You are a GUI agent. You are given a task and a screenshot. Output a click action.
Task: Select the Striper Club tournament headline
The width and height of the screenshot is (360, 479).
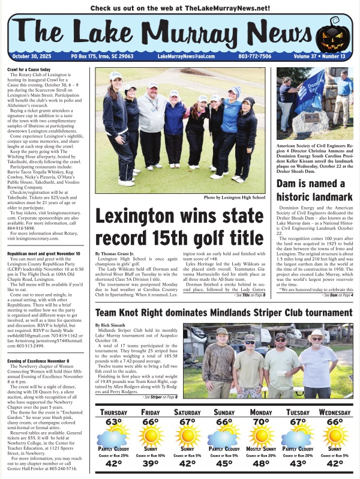click(x=224, y=313)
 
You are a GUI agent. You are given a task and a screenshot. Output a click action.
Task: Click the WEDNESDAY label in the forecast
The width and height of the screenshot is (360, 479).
click(x=334, y=414)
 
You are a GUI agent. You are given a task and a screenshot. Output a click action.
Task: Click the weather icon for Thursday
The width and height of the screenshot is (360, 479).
click(x=113, y=435)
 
